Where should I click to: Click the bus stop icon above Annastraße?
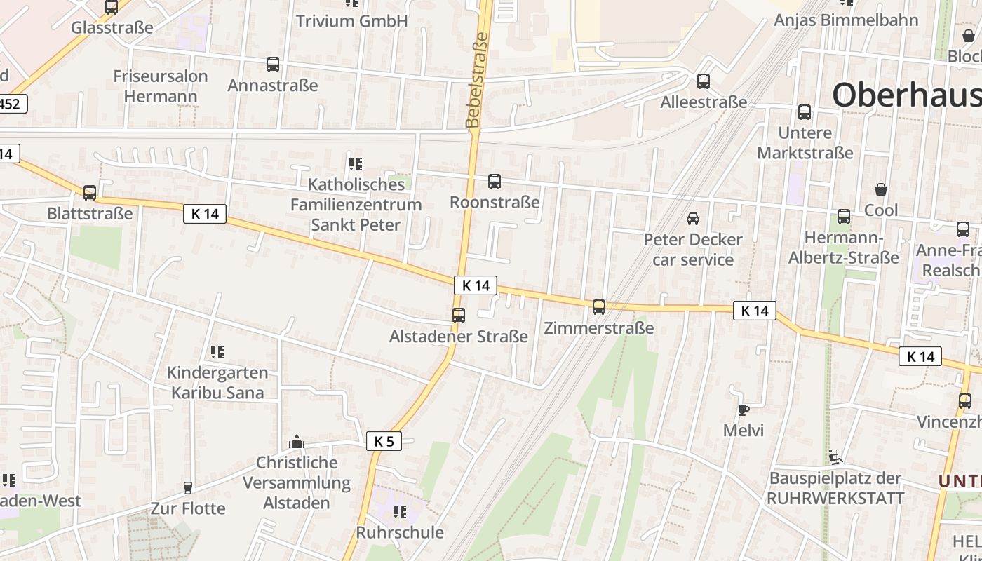coord(273,65)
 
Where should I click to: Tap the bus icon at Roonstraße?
coord(495,182)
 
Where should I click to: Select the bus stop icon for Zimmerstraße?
coord(599,306)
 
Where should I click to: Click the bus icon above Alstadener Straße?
coord(459,316)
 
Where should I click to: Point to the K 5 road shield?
coord(384,441)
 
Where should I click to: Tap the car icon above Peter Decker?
coord(693,218)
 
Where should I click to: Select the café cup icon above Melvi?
coord(744,410)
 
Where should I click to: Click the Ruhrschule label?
coord(400,532)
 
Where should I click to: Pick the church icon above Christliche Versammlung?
coord(297,442)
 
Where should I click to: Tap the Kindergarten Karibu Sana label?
coord(217,382)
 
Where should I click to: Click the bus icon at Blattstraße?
coord(90,192)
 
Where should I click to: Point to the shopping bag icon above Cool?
coord(881,189)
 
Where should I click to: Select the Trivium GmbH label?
coord(351,21)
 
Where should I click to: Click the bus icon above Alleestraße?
coord(704,81)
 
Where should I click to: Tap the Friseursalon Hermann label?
coord(161,86)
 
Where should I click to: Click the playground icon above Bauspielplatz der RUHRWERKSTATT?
coord(835,457)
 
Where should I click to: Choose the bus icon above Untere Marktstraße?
coord(805,111)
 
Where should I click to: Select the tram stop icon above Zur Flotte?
coord(188,487)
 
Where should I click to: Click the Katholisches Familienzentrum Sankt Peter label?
coord(356,205)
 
